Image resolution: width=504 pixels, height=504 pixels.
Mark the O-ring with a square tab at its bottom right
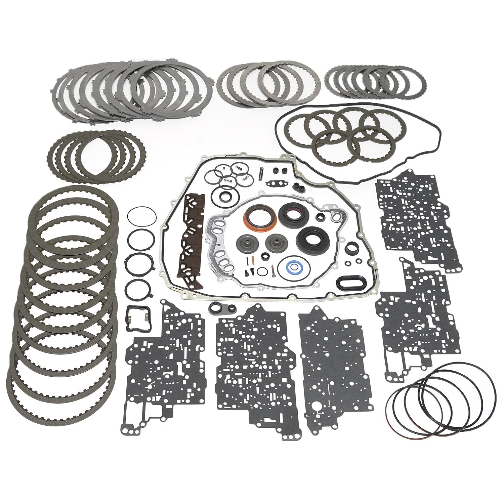coord(141,287)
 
